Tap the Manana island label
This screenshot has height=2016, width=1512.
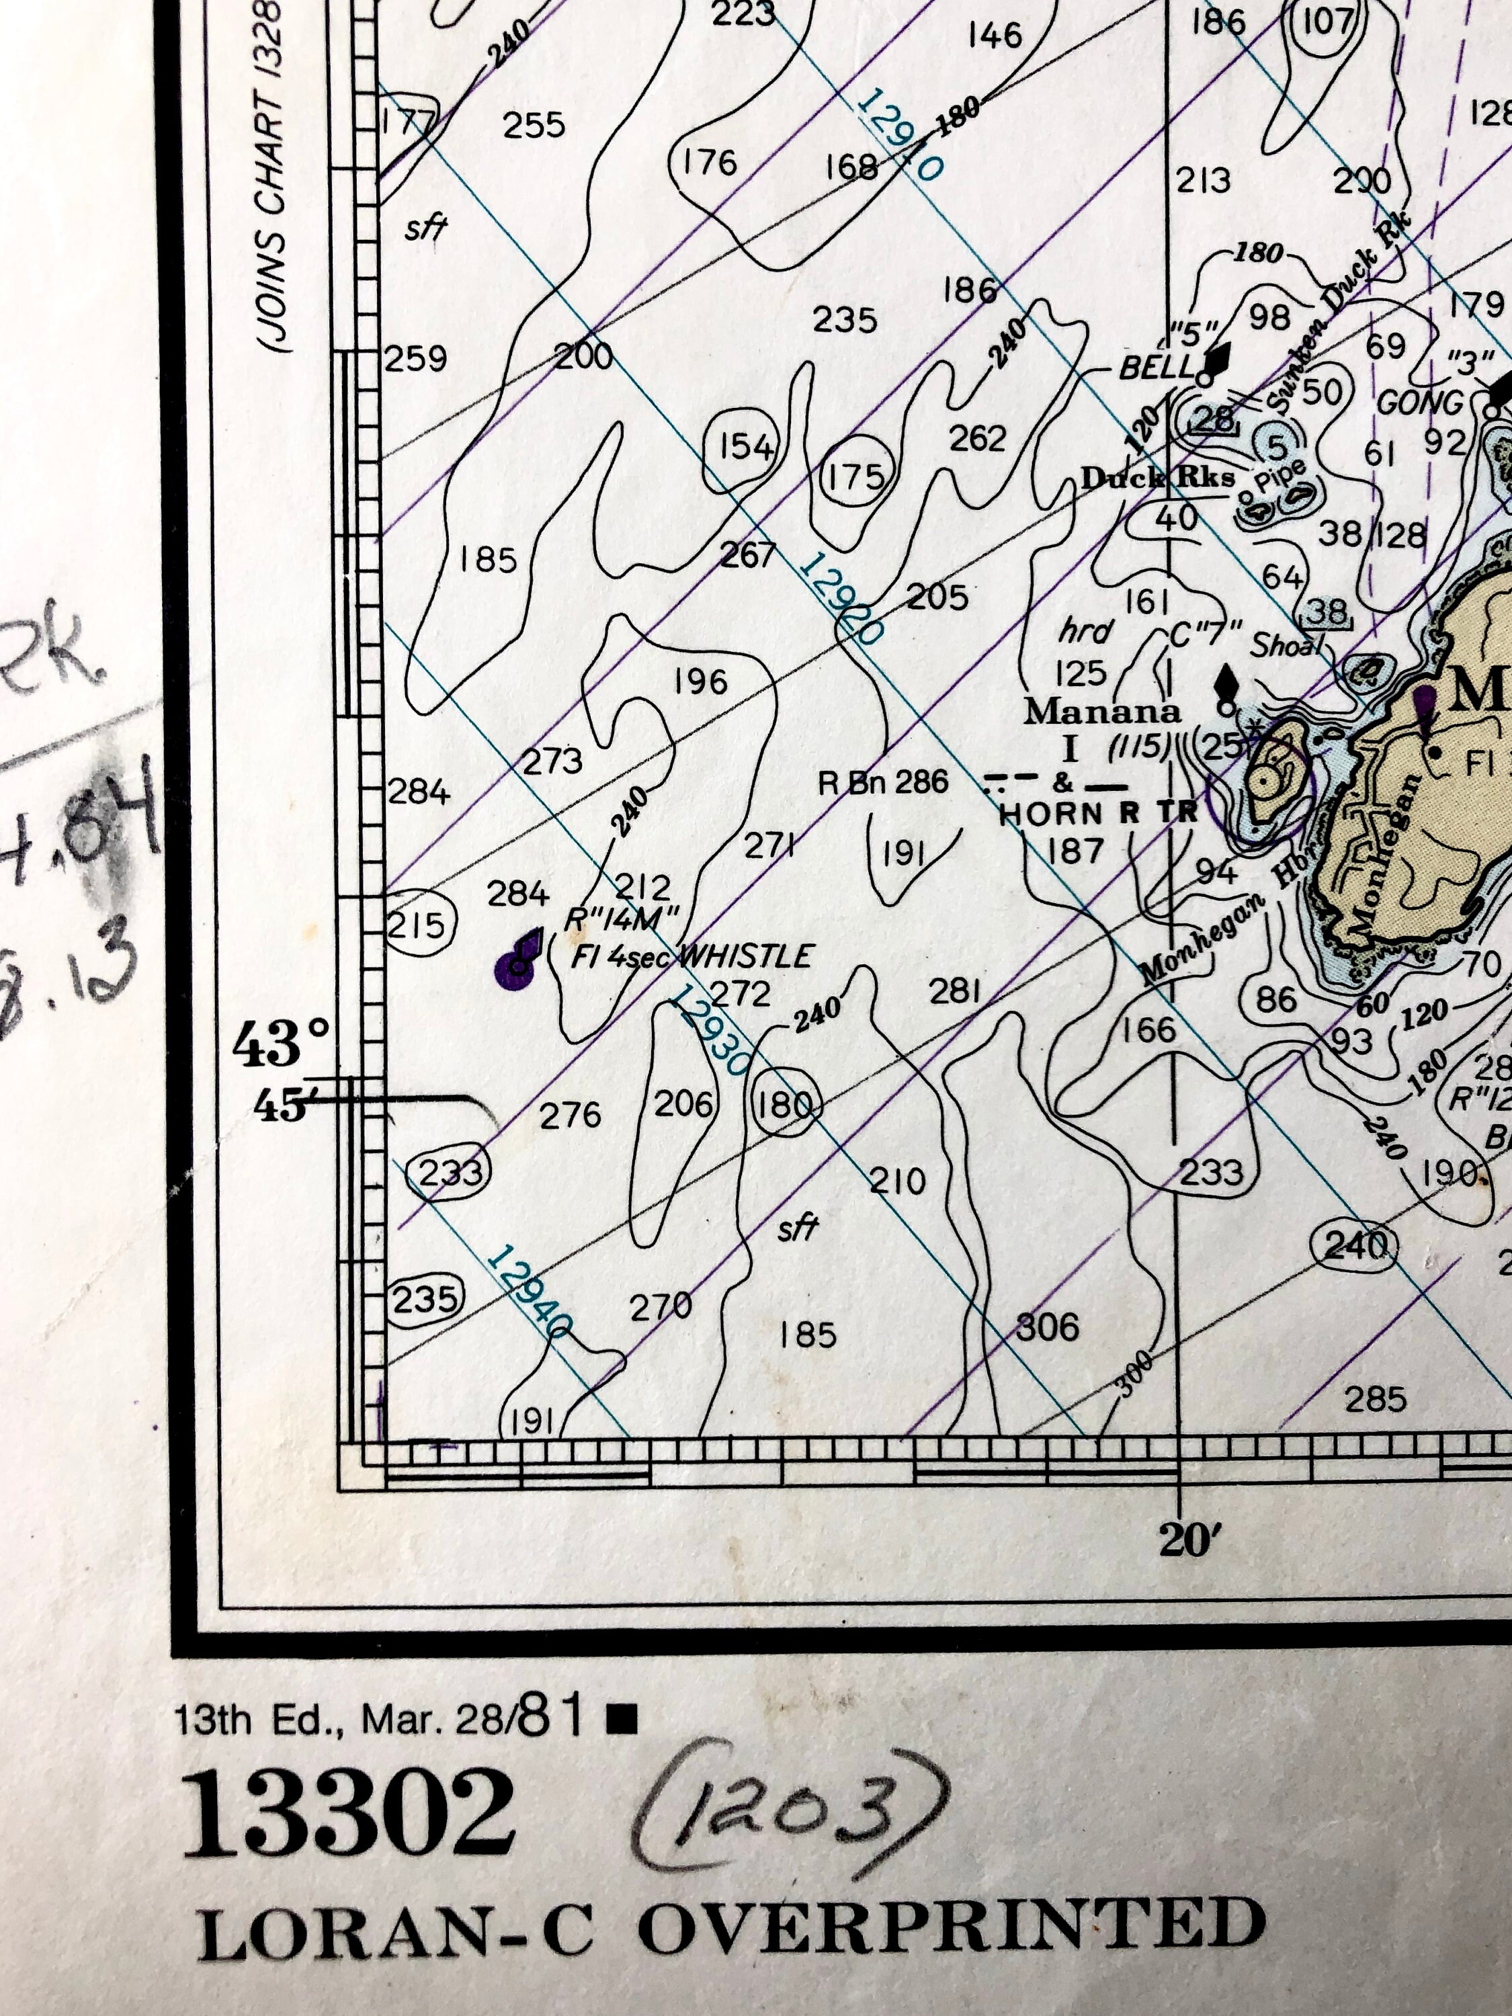(1102, 710)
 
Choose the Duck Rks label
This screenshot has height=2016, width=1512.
(1157, 478)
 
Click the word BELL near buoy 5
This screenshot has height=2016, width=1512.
(1157, 368)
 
